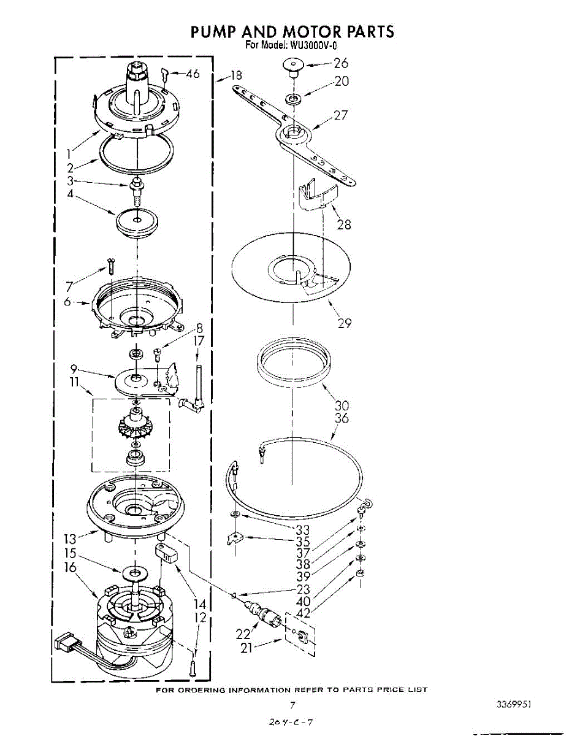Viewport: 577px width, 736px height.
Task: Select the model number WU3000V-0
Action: pyautogui.click(x=313, y=45)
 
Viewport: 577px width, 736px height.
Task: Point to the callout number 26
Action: pyautogui.click(x=341, y=63)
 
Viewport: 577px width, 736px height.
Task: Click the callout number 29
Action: pyautogui.click(x=344, y=323)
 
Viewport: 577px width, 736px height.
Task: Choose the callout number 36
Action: pyautogui.click(x=342, y=418)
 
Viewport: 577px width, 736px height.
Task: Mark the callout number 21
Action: pyautogui.click(x=246, y=646)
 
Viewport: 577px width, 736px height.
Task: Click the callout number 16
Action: pyautogui.click(x=71, y=567)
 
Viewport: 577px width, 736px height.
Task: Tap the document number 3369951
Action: pyautogui.click(x=513, y=705)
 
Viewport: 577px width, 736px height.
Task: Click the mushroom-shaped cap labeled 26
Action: pyautogui.click(x=293, y=66)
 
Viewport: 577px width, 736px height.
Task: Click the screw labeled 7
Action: pyautogui.click(x=110, y=266)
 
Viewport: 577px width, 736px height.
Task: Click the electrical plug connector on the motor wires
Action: pyautogui.click(x=64, y=645)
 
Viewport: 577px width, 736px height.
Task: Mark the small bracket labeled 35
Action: pyautogui.click(x=234, y=539)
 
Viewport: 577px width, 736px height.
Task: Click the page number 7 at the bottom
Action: pyautogui.click(x=292, y=705)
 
